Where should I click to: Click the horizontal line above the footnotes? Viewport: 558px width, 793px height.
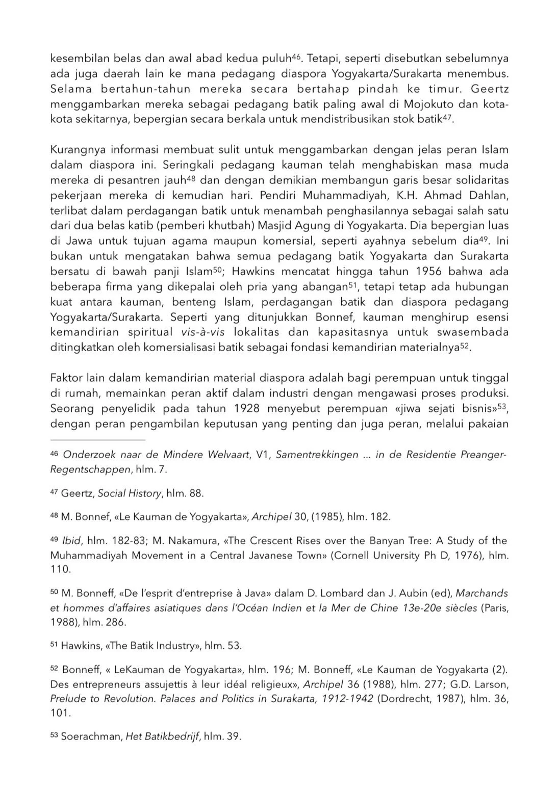click(x=97, y=439)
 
